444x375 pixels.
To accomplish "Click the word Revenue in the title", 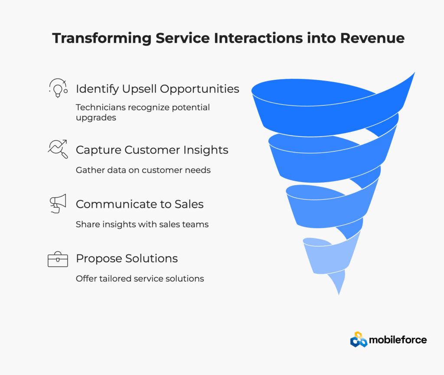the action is [372, 38].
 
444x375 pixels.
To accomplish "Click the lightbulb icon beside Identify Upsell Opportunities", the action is [58, 88].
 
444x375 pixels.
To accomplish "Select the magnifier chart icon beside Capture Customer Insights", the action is [58, 149].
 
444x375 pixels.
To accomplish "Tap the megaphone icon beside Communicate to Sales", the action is [58, 203].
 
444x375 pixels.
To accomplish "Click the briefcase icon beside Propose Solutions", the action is [58, 259].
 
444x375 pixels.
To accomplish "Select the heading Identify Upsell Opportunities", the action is [157, 89].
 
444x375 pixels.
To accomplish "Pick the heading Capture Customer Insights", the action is [152, 150].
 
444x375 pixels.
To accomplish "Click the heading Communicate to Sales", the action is [140, 204].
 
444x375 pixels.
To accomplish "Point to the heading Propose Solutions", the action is [127, 259].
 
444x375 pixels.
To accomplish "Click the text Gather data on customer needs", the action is [143, 170].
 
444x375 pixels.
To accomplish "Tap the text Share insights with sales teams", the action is [142, 225].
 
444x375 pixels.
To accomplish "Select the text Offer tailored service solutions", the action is [140, 279].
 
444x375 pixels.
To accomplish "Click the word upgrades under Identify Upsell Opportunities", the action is [96, 118].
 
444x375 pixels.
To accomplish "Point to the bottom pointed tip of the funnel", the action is [339, 295].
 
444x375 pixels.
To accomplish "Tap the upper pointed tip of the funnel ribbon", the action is [415, 72].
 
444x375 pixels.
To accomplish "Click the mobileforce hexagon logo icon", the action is [359, 339].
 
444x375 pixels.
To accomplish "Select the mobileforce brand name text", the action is [398, 339].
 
